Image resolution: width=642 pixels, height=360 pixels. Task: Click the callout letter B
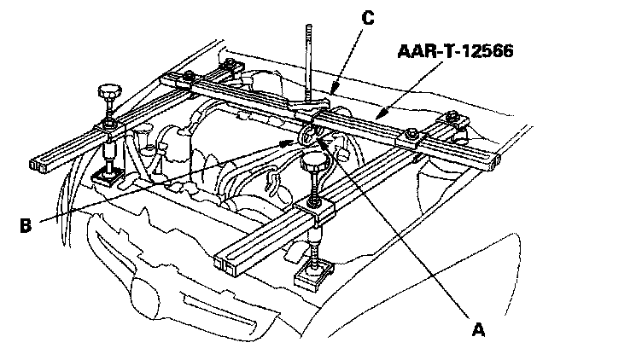(x=26, y=225)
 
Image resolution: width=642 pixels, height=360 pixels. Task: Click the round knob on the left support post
(x=109, y=91)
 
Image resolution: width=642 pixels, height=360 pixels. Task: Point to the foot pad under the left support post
(x=108, y=178)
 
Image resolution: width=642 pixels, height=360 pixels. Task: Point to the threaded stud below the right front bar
(x=318, y=246)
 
